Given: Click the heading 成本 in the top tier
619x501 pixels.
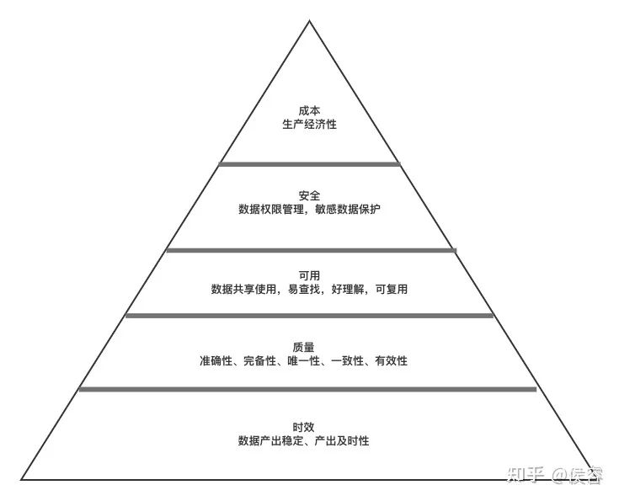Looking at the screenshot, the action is pos(309,109).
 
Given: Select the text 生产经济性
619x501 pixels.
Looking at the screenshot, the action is pos(309,124).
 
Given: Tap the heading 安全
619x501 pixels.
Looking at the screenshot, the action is pos(309,195).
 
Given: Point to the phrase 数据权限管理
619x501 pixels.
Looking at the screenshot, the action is pos(269,209).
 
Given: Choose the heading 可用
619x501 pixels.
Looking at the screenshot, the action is pos(309,274).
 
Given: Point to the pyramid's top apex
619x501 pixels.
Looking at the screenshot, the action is pos(309,21).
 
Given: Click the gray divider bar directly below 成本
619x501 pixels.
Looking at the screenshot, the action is pos(309,163).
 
